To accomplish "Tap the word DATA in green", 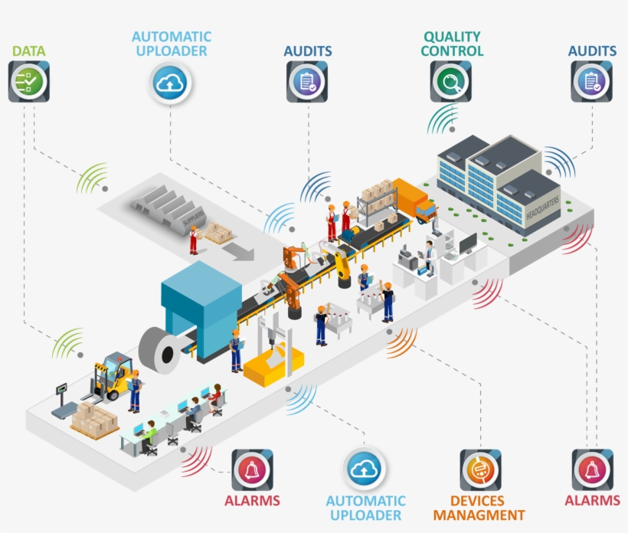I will pos(28,51).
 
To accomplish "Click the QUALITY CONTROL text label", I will pos(453,44).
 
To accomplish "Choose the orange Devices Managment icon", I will pos(480,469).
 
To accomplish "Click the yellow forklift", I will pos(112,376).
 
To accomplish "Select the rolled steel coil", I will pos(162,348).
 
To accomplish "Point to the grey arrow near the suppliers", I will pos(244,252).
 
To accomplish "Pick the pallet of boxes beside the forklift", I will pos(94,421).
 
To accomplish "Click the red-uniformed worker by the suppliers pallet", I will pos(194,240).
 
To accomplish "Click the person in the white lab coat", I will pos(430,257).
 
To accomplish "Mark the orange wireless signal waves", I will pos(401,343).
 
